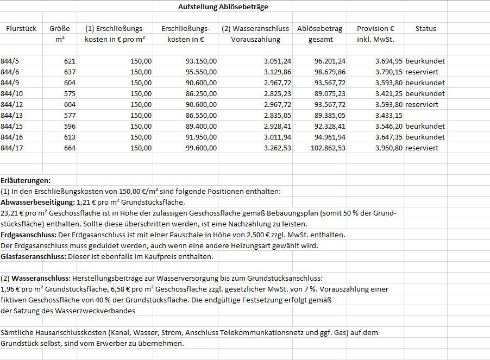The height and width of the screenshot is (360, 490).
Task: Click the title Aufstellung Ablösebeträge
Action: (223, 7)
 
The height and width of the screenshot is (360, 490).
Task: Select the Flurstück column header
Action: (21, 28)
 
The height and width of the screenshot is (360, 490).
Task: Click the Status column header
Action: (425, 28)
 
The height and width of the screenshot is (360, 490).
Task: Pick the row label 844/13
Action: (12, 115)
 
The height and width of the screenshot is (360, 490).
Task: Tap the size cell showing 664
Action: (69, 148)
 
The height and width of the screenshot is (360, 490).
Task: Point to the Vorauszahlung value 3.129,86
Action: (277, 72)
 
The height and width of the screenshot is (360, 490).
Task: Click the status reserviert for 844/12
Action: (422, 104)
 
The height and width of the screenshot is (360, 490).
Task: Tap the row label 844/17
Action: (12, 148)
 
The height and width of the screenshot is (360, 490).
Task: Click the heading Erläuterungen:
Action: (26, 180)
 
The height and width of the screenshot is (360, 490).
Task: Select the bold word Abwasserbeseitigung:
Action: (37, 202)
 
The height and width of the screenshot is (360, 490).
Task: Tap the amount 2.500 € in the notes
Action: (286, 235)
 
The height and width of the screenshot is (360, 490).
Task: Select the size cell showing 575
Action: (69, 93)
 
